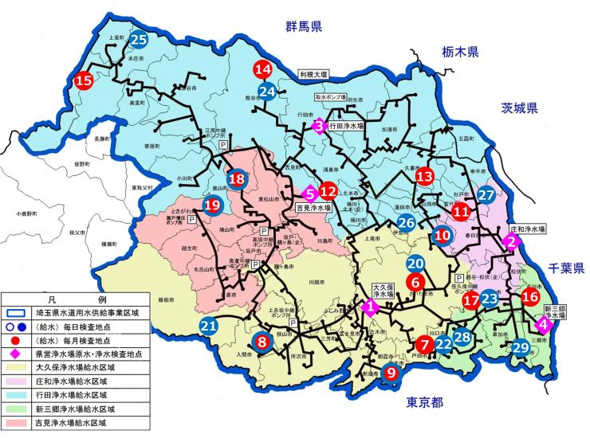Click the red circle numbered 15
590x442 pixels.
click(84, 80)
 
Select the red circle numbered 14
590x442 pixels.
click(264, 69)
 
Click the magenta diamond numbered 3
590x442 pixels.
click(318, 125)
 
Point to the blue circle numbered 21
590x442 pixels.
click(208, 326)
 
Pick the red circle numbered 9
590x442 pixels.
click(391, 372)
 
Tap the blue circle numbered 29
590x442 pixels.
click(521, 346)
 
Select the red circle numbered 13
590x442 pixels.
click(424, 176)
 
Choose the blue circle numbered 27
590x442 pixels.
click(486, 195)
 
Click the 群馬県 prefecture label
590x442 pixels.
click(303, 28)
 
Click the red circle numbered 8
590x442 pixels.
click(262, 342)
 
